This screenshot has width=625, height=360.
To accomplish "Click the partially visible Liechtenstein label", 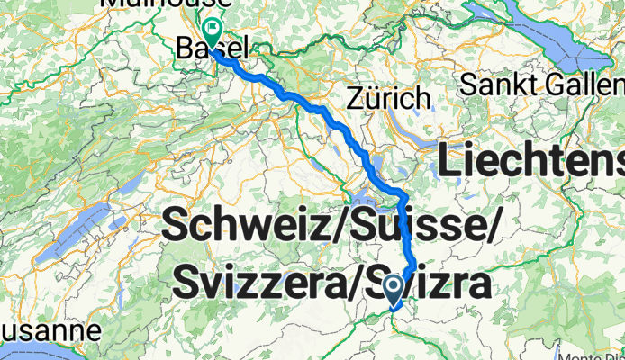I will coord(531,162).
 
